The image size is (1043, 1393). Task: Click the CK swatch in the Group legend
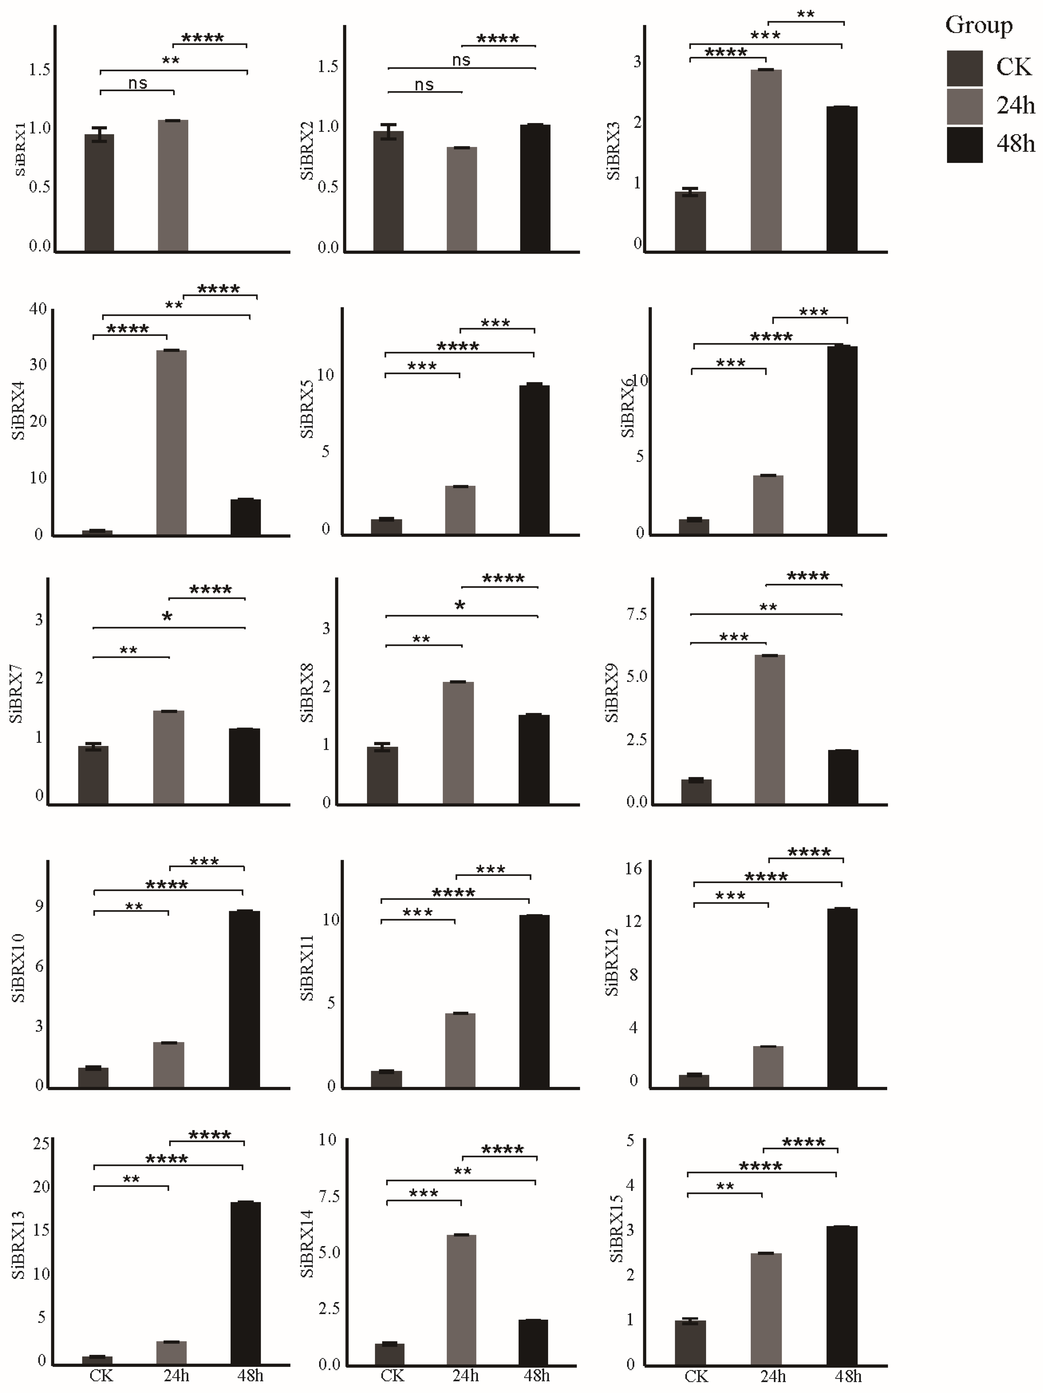[x=964, y=68]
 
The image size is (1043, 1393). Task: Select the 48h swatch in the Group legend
[x=964, y=145]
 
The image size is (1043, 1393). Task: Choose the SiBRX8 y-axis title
[x=307, y=693]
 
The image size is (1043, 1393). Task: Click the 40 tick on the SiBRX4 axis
[x=38, y=308]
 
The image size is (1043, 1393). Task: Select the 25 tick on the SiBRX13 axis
[x=41, y=1143]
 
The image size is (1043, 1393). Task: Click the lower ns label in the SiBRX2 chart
[x=424, y=84]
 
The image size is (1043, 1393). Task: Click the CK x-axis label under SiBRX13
[x=101, y=1375]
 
